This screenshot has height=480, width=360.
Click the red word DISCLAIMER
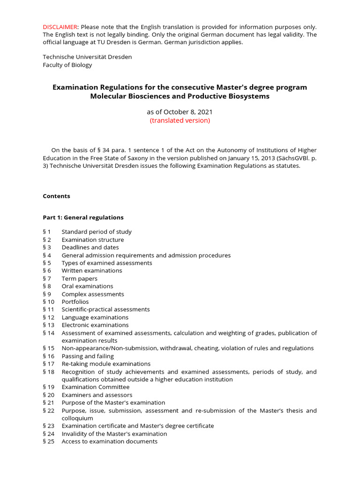[60, 27]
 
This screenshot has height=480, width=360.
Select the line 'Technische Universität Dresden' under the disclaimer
[87, 57]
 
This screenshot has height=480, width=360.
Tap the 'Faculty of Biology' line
[67, 65]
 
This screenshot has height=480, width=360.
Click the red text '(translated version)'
[180, 120]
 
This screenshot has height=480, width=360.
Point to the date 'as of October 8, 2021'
[180, 112]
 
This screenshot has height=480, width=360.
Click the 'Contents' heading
[56, 196]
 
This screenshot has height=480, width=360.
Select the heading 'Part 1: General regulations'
[83, 217]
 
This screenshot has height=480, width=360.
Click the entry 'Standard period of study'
[97, 232]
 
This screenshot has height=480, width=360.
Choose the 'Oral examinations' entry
[87, 286]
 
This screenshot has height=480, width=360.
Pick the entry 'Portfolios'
[75, 302]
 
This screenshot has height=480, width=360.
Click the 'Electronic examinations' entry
[95, 325]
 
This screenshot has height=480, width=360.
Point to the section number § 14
[49, 333]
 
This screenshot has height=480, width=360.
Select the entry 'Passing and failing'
[90, 356]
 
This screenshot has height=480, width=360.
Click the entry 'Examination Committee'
[96, 387]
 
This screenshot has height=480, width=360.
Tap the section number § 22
[49, 411]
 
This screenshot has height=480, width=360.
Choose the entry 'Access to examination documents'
[110, 442]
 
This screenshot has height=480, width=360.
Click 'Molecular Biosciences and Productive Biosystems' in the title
[180, 96]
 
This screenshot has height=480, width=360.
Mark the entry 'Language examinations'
[95, 317]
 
